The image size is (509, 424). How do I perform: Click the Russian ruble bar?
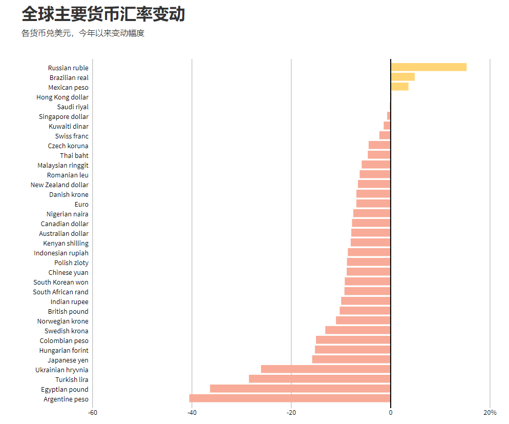[x=429, y=67]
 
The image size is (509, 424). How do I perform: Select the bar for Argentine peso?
[x=290, y=398]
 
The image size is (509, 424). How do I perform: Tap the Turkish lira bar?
[x=320, y=379]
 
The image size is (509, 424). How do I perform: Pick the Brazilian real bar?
[x=402, y=77]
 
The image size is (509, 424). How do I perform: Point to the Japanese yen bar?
[x=351, y=359]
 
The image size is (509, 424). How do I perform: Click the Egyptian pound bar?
[x=300, y=389]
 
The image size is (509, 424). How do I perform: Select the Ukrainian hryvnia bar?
[x=326, y=369]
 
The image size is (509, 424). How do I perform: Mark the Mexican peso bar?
[x=399, y=87]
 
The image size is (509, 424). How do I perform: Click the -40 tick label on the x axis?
[x=192, y=413]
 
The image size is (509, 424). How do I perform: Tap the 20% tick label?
[x=490, y=413]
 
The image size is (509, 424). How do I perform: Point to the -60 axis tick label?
[x=93, y=413]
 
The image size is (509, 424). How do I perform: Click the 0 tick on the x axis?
[x=391, y=413]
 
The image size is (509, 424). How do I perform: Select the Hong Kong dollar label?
[x=62, y=97]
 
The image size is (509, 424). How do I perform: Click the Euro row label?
[x=81, y=204]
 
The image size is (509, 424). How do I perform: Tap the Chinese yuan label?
[x=68, y=272]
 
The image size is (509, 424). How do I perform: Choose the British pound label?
[x=68, y=311]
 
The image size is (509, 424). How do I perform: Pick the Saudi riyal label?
[x=73, y=107]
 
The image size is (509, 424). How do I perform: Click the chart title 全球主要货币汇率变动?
[x=103, y=14]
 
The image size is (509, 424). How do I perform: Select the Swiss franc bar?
[x=385, y=135]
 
